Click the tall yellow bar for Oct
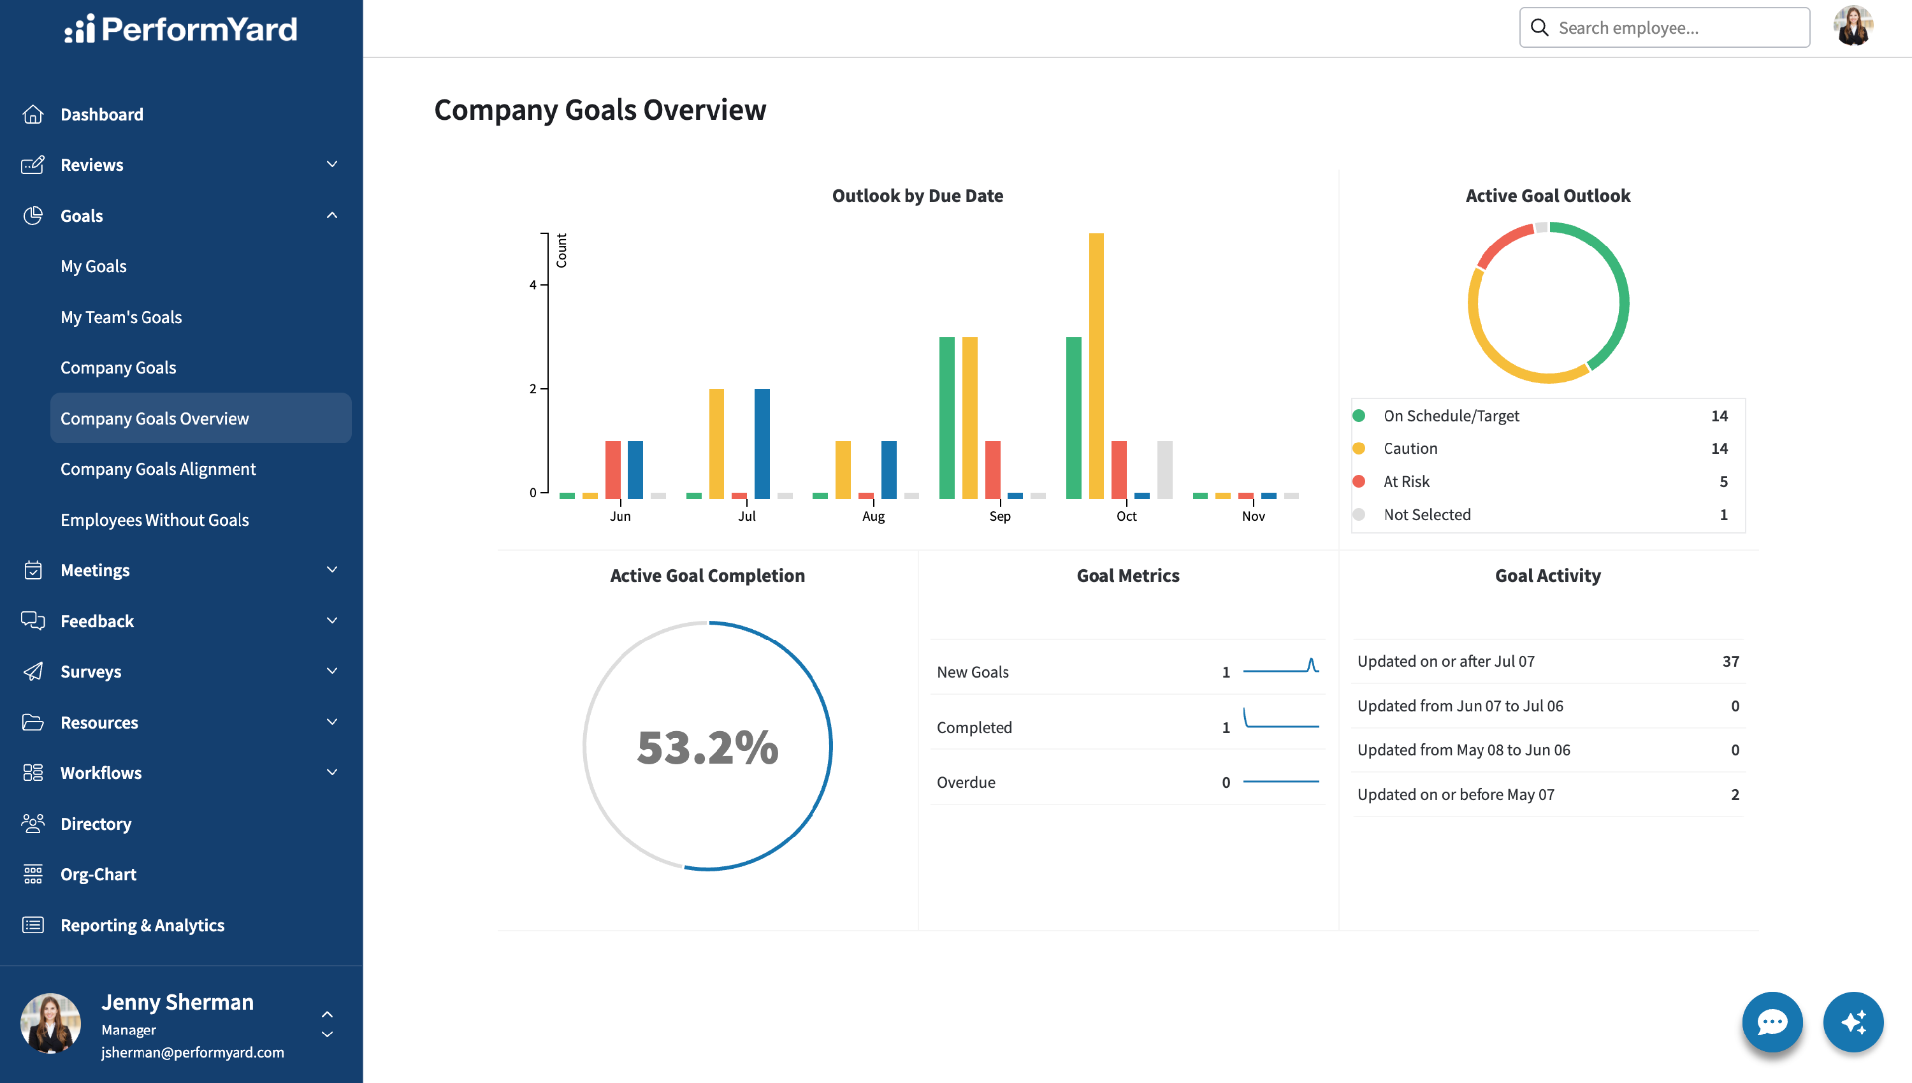(x=1096, y=366)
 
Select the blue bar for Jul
(x=762, y=443)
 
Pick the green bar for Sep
(x=946, y=418)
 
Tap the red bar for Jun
(x=612, y=470)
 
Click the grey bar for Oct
(x=1164, y=470)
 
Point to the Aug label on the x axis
(x=873, y=516)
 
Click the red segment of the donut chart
(x=1502, y=242)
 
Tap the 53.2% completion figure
(x=708, y=747)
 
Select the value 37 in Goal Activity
(x=1730, y=661)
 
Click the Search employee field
(x=1664, y=27)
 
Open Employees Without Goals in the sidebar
(x=155, y=520)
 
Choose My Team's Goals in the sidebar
(x=121, y=317)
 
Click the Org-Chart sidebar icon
(x=33, y=874)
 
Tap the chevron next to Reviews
(x=331, y=164)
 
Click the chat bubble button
(x=1772, y=1021)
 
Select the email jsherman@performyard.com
(x=192, y=1052)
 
